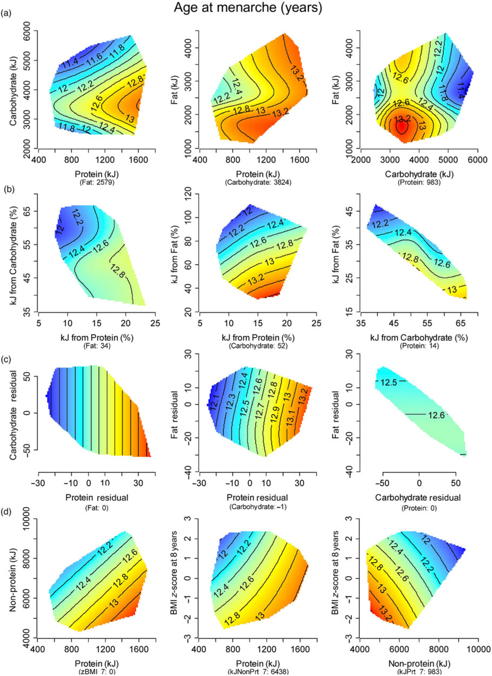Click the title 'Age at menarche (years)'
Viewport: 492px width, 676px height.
248,9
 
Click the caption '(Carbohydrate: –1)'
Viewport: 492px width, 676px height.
258,507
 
